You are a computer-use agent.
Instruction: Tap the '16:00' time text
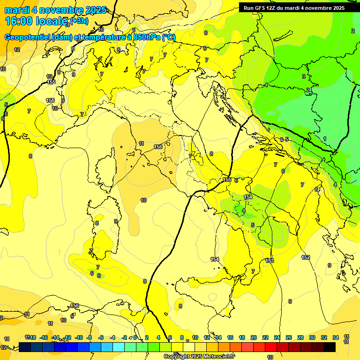click(x=20, y=21)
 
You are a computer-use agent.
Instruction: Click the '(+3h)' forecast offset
click(x=79, y=21)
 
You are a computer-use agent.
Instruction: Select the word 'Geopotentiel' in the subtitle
click(x=29, y=37)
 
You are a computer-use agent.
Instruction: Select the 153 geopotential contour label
click(x=269, y=261)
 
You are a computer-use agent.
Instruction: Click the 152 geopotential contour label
click(x=306, y=257)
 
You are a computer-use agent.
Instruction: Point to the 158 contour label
click(x=75, y=306)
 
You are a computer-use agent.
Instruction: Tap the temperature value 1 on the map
click(x=325, y=138)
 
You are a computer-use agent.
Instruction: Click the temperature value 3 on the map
click(x=303, y=76)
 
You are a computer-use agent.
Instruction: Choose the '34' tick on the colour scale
click(x=336, y=337)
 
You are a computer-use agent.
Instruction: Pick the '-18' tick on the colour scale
click(x=32, y=337)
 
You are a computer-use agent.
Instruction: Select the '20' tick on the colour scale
click(x=254, y=337)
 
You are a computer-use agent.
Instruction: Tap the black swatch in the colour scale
click(x=330, y=347)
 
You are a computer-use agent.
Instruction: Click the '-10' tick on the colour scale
click(x=79, y=337)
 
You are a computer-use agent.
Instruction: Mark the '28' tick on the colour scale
click(x=300, y=337)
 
